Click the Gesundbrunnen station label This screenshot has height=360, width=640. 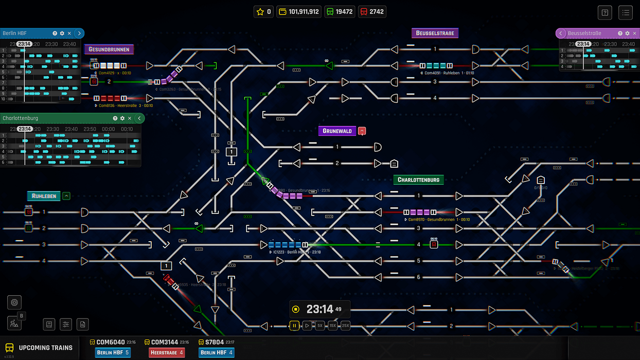click(110, 49)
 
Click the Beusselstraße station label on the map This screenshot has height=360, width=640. click(435, 33)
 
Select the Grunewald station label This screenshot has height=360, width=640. click(337, 131)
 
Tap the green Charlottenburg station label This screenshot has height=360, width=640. click(418, 180)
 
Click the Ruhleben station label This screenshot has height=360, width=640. click(44, 196)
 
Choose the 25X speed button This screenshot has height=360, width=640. click(345, 326)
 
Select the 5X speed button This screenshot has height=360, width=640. click(320, 326)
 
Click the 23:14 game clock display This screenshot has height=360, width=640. click(320, 309)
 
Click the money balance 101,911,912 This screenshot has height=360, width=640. click(299, 11)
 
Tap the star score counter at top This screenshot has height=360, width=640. click(263, 11)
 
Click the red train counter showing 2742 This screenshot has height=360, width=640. click(372, 11)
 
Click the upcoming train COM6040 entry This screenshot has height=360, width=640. click(110, 342)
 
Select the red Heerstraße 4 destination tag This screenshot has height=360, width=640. click(166, 353)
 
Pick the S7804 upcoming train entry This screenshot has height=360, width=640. click(215, 342)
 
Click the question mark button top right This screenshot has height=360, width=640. click(605, 12)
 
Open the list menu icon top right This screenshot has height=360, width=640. click(625, 12)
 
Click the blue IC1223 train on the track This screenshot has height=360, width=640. click(285, 245)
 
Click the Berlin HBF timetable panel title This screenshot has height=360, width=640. click(15, 33)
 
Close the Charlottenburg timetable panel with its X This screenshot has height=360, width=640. click(130, 118)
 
